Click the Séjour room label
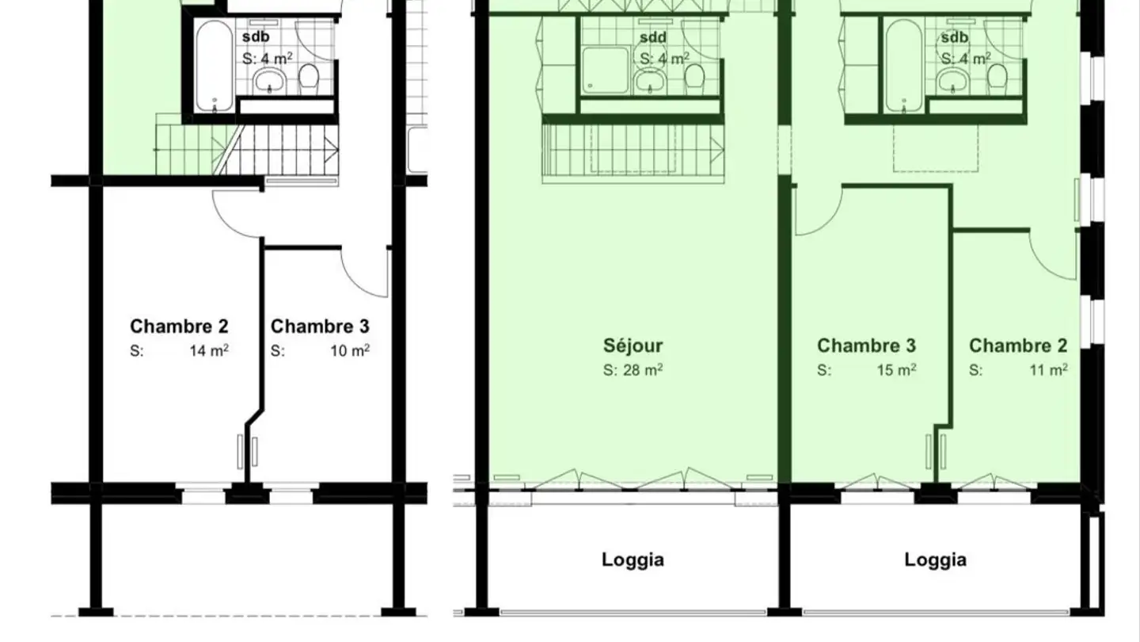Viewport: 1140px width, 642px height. [633, 346]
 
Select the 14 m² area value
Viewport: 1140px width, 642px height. [209, 350]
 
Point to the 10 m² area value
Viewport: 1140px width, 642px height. [350, 350]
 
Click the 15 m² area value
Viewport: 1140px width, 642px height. [896, 369]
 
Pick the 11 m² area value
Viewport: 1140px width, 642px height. [1048, 369]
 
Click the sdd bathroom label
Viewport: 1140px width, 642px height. [653, 37]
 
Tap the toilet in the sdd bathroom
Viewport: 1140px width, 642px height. [694, 77]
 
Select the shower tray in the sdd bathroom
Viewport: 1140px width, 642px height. [606, 71]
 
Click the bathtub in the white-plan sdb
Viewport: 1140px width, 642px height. [215, 67]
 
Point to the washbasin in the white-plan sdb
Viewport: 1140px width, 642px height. [269, 82]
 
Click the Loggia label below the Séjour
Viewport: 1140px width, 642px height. [633, 560]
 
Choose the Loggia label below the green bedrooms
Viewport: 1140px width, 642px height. [936, 560]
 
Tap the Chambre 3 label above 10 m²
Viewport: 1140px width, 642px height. [320, 326]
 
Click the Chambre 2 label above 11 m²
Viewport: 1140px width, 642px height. [1018, 346]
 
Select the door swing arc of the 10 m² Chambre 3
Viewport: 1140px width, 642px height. [355, 281]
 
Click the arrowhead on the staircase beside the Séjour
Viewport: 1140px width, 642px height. [717, 151]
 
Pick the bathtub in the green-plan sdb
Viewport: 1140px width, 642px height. [904, 67]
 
